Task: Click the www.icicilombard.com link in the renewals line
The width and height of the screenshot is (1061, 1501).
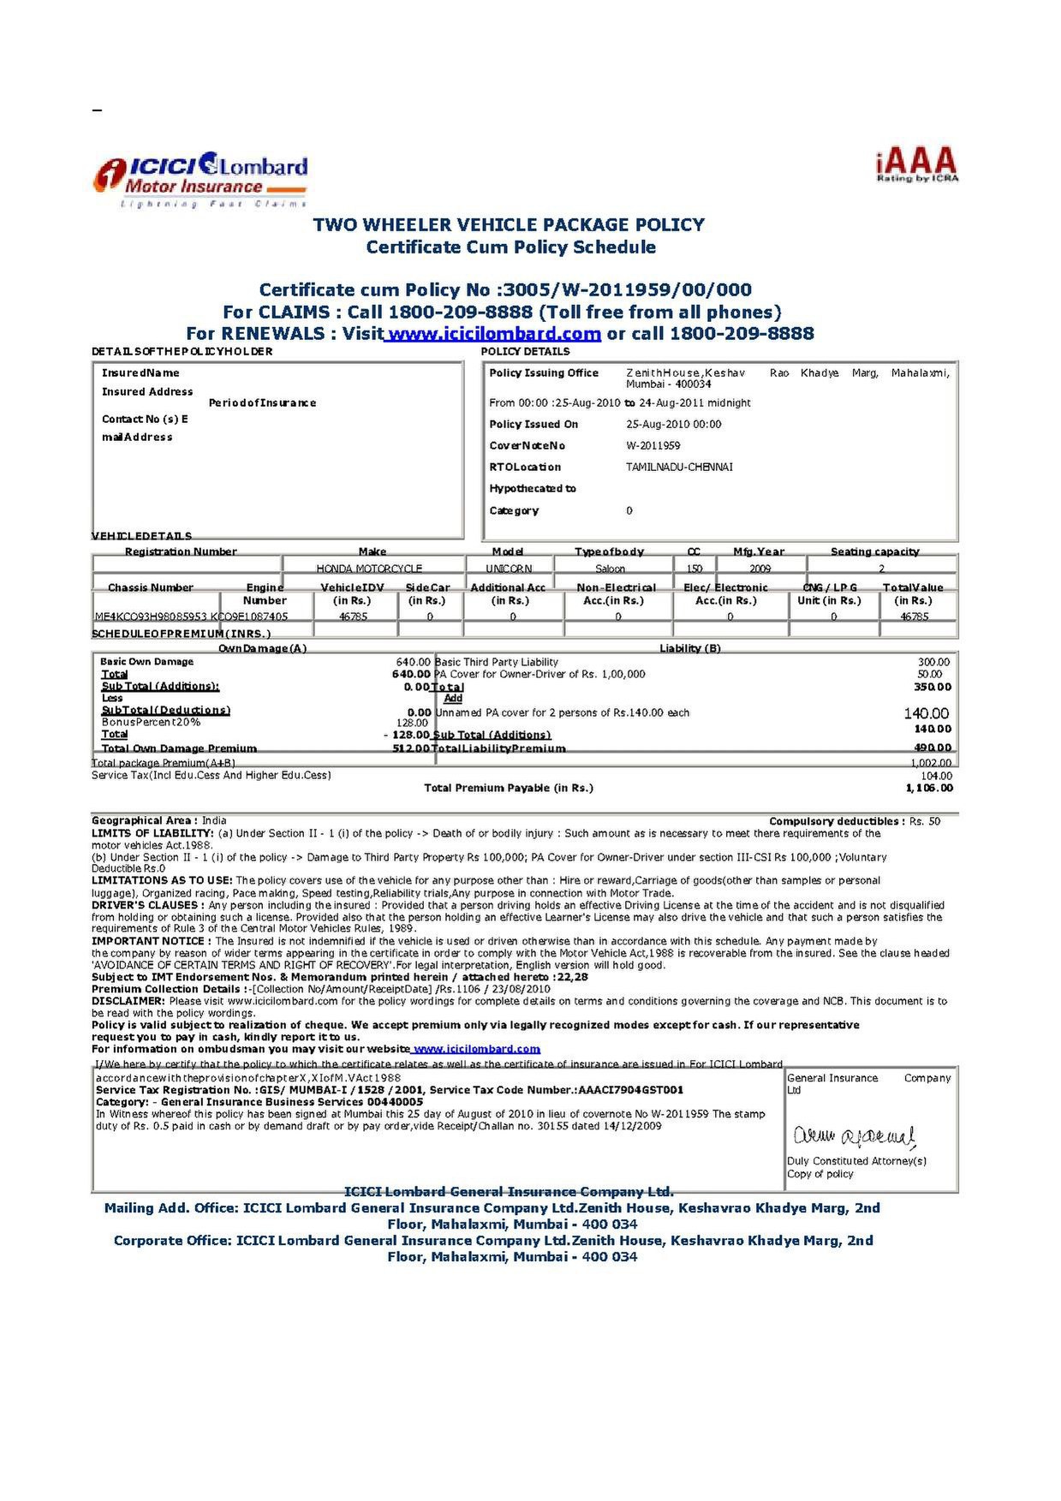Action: click(x=492, y=334)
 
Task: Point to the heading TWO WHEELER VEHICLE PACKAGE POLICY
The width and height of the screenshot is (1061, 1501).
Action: click(x=509, y=224)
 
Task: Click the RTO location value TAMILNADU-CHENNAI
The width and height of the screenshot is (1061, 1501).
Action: click(x=679, y=468)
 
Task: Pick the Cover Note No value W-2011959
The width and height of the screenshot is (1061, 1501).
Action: click(x=653, y=446)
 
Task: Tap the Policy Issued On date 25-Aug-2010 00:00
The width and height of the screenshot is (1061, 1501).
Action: click(x=673, y=425)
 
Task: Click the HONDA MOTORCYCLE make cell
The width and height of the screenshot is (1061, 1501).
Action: click(x=369, y=569)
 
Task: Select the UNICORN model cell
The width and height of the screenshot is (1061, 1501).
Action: click(x=509, y=569)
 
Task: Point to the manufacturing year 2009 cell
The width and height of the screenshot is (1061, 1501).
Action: click(x=760, y=569)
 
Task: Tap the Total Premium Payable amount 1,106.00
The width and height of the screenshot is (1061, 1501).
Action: click(x=929, y=788)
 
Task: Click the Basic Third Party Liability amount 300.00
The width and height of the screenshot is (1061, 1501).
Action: click(x=933, y=662)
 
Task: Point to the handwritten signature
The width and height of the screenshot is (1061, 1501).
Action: click(x=855, y=1135)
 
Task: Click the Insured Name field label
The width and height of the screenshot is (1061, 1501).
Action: click(x=140, y=373)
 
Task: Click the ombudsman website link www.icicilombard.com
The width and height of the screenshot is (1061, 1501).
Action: click(x=477, y=1049)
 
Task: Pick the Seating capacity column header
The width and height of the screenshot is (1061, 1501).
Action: click(x=874, y=552)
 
